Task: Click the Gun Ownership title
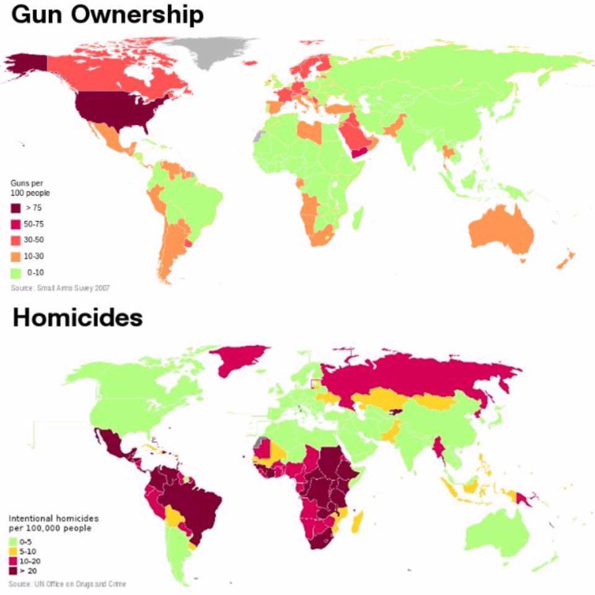click(x=107, y=15)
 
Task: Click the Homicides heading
click(x=77, y=318)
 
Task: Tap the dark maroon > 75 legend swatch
click(x=16, y=208)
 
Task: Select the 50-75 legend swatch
click(x=16, y=224)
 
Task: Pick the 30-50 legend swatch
click(x=16, y=240)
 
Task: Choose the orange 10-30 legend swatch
click(x=16, y=256)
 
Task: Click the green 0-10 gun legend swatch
click(x=16, y=272)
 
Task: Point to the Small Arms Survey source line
click(x=61, y=288)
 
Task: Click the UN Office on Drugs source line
click(x=68, y=584)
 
